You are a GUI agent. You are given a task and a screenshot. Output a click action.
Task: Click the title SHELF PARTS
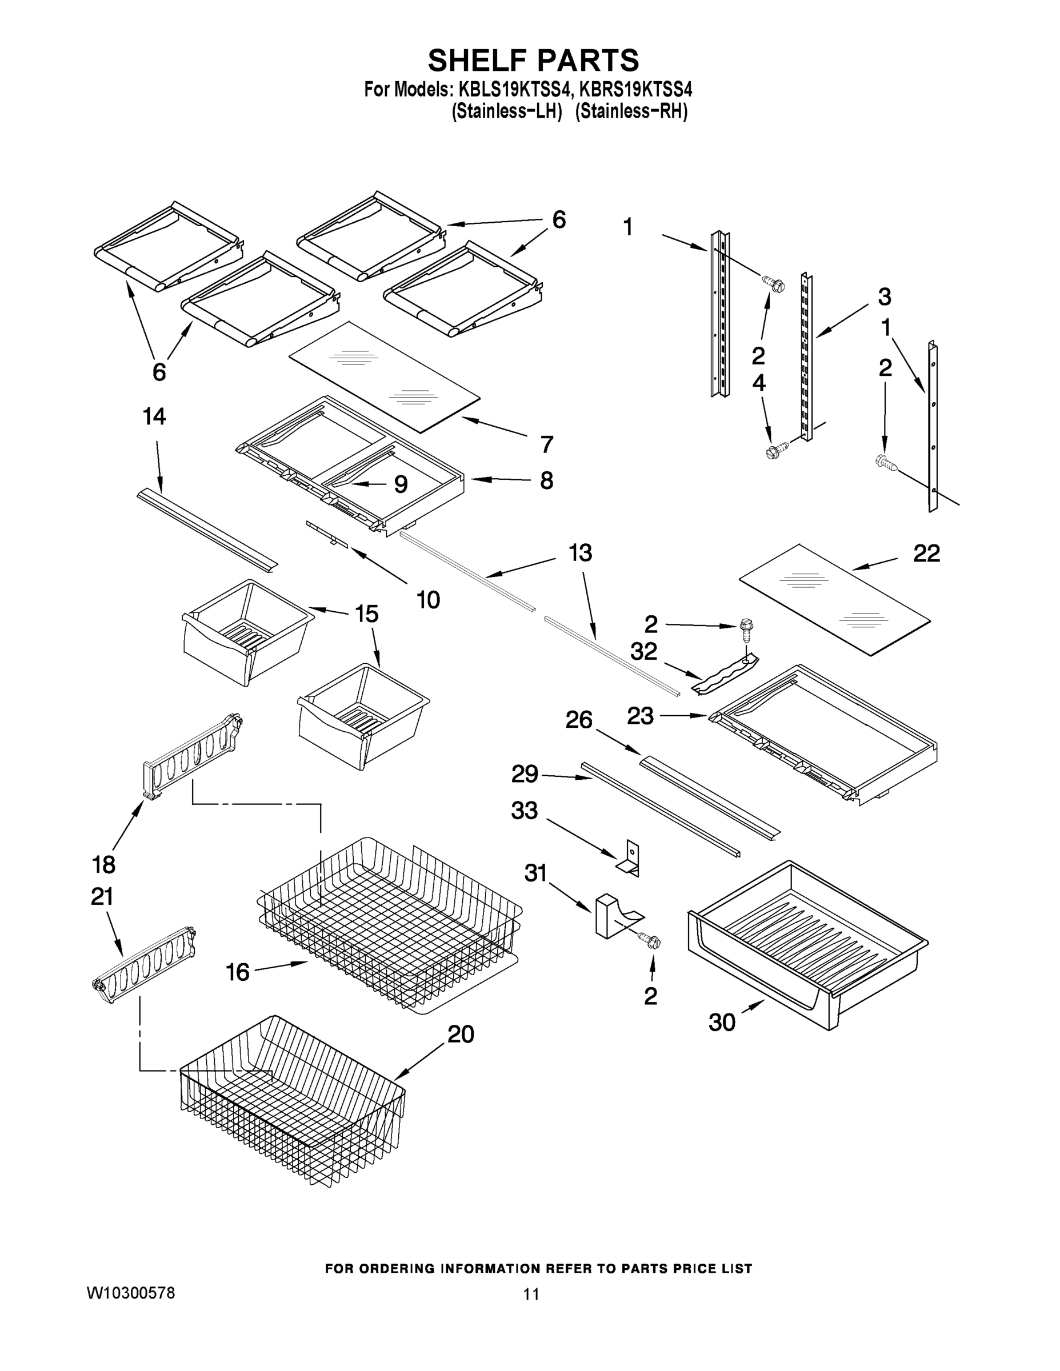pyautogui.click(x=533, y=61)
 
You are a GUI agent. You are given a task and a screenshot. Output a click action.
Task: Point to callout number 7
pyautogui.click(x=547, y=444)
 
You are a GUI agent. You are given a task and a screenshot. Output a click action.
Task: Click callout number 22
pyautogui.click(x=926, y=553)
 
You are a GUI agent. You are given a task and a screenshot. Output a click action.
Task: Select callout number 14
pyautogui.click(x=154, y=416)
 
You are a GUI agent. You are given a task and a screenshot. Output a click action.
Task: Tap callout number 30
pyautogui.click(x=722, y=1023)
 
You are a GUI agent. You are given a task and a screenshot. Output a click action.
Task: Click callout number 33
pyautogui.click(x=525, y=811)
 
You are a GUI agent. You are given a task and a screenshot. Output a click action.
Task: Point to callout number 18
pyautogui.click(x=103, y=865)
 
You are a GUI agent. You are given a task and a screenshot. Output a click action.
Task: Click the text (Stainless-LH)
pyautogui.click(x=506, y=111)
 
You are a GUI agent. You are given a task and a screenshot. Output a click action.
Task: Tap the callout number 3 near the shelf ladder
pyautogui.click(x=884, y=296)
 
